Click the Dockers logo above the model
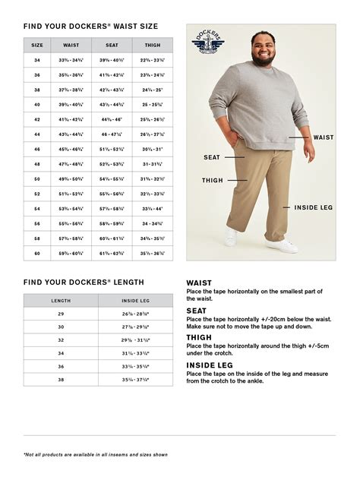coord(207,43)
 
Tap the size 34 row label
coord(36,60)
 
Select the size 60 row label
coord(36,254)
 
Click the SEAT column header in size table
coord(112,45)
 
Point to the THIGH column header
coord(152,45)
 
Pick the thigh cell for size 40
coord(152,104)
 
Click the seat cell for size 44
coord(112,134)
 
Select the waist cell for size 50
coord(71,179)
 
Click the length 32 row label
coord(61,340)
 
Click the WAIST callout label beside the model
coord(323,137)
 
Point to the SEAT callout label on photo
coord(212,157)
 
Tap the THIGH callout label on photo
coord(212,181)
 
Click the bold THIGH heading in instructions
coord(198,338)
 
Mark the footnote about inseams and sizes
coord(95,454)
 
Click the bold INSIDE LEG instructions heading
coord(209,365)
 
